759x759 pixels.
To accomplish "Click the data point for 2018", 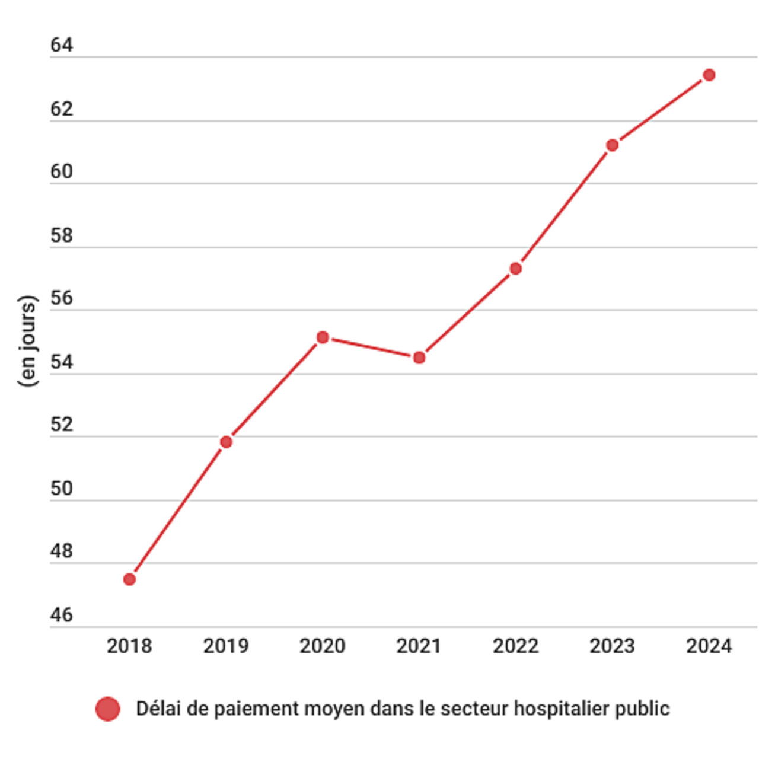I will (129, 579).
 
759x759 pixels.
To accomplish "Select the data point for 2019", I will (226, 442).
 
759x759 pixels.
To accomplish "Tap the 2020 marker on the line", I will (323, 337).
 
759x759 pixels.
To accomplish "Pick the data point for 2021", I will (419, 358).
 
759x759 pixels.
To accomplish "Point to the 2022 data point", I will (516, 269).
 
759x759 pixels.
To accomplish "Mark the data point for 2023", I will (613, 145).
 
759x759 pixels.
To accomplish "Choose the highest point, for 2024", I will (709, 75).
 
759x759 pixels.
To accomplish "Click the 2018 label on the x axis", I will (129, 646).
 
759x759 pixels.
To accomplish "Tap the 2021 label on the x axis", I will (419, 646).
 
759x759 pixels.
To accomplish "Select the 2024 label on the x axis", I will (709, 646).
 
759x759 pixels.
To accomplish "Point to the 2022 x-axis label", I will (515, 646).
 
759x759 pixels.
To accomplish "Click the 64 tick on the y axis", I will (61, 46).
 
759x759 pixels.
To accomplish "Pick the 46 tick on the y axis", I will (61, 615).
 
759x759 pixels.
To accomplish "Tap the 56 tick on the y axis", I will (61, 298).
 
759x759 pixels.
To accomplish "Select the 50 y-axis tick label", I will (61, 489).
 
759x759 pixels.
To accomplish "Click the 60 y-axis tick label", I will (61, 172).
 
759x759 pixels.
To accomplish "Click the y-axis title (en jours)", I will (27, 341).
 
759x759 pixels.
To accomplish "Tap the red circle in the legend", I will (108, 709).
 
